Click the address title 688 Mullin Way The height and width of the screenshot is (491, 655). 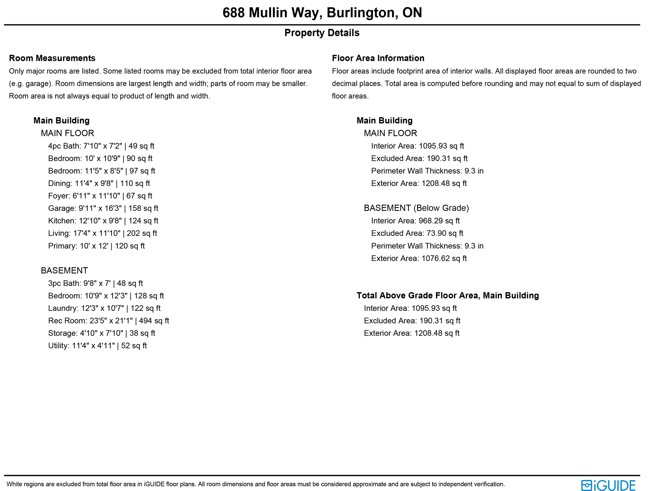pyautogui.click(x=322, y=13)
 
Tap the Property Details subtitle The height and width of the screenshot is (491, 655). pyautogui.click(x=322, y=33)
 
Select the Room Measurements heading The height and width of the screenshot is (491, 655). pyautogui.click(x=52, y=58)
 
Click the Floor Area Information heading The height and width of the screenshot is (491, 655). pyautogui.click(x=378, y=58)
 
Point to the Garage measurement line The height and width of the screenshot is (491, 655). pyautogui.click(x=103, y=208)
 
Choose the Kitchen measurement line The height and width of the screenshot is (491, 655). pyautogui.click(x=103, y=221)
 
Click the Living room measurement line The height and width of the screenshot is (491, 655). pyautogui.click(x=102, y=233)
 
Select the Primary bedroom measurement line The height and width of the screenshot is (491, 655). pyautogui.click(x=96, y=246)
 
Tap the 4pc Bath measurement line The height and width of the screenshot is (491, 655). pyautogui.click(x=101, y=146)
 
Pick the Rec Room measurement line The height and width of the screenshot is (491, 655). pyautogui.click(x=108, y=321)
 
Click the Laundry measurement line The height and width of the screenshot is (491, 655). pyautogui.click(x=104, y=308)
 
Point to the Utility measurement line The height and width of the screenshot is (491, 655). pyautogui.click(x=97, y=346)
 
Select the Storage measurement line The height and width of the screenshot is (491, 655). pyautogui.click(x=101, y=333)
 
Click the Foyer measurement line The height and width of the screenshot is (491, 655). pyautogui.click(x=100, y=196)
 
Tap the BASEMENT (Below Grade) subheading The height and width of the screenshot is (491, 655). pyautogui.click(x=416, y=208)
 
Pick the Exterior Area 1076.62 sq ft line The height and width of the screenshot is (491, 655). pyautogui.click(x=419, y=258)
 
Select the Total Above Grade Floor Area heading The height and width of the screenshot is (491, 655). pyautogui.click(x=447, y=295)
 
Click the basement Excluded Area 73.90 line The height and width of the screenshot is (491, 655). pyautogui.click(x=417, y=233)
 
